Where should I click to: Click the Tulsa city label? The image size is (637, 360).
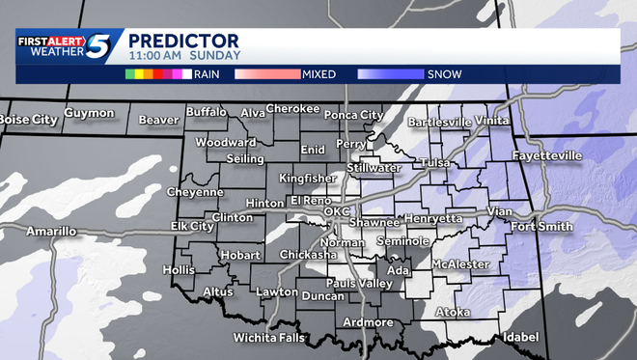(x=434, y=163)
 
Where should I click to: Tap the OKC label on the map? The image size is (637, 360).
(x=335, y=210)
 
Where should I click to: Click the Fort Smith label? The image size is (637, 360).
(x=541, y=227)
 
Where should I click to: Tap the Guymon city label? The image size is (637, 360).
(x=89, y=113)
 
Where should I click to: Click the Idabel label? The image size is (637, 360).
(x=520, y=338)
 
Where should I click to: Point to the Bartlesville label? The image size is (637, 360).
(x=439, y=123)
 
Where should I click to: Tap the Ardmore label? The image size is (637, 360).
(x=368, y=321)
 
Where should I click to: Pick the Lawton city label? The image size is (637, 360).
(x=277, y=291)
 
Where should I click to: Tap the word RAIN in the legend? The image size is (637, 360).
(x=206, y=73)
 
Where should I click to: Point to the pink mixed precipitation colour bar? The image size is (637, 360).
(x=264, y=73)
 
